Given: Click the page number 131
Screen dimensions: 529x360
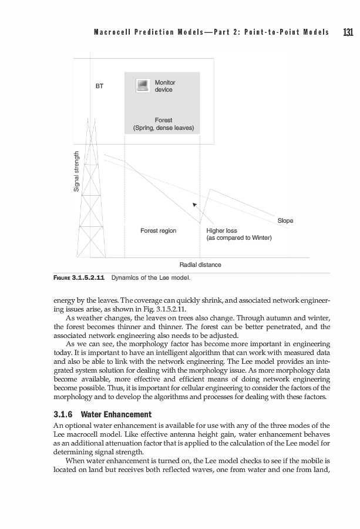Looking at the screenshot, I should pyautogui.click(x=347, y=32).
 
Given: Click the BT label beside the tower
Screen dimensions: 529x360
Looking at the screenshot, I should pyautogui.click(x=100, y=86).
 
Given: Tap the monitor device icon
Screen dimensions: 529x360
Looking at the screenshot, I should pyautogui.click(x=142, y=86).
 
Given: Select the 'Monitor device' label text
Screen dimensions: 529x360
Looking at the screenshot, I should pyautogui.click(x=164, y=86).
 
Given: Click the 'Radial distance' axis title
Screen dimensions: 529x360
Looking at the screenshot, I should pyautogui.click(x=200, y=264).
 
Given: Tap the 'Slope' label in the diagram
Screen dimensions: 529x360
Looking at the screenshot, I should pyautogui.click(x=285, y=220).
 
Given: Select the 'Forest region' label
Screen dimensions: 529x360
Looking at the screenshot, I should pyautogui.click(x=158, y=231).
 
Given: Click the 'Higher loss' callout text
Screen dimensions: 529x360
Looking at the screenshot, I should pyautogui.click(x=221, y=231).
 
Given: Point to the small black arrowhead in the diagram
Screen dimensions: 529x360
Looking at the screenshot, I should pyautogui.click(x=194, y=205).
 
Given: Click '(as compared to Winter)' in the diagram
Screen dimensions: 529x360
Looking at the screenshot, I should pyautogui.click(x=238, y=239).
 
